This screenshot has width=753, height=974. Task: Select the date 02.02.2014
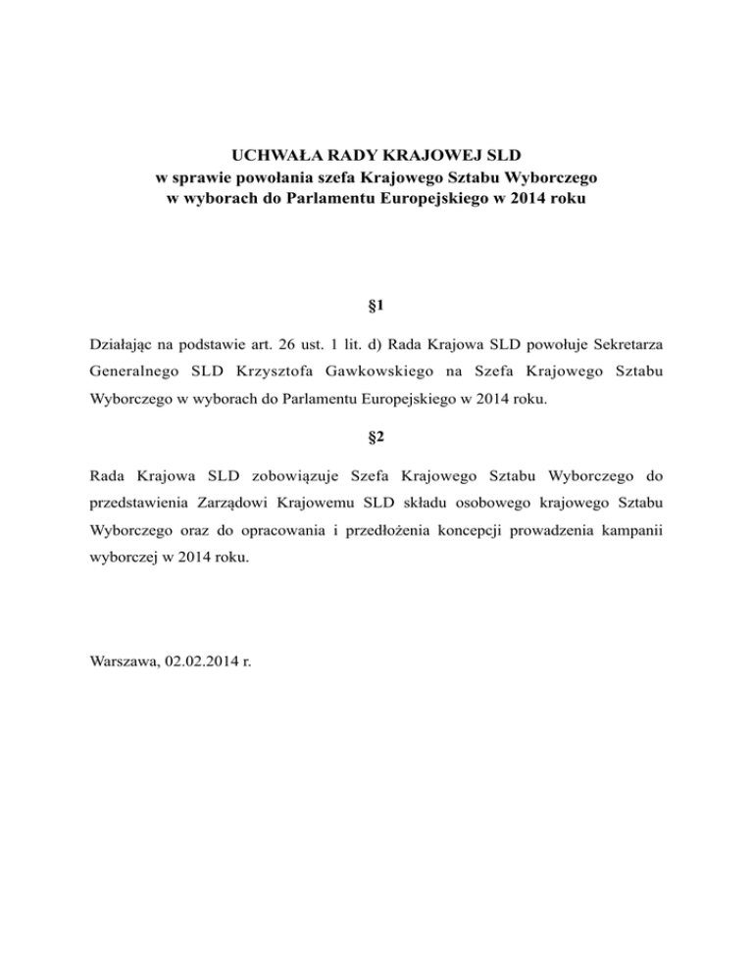tap(203, 662)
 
